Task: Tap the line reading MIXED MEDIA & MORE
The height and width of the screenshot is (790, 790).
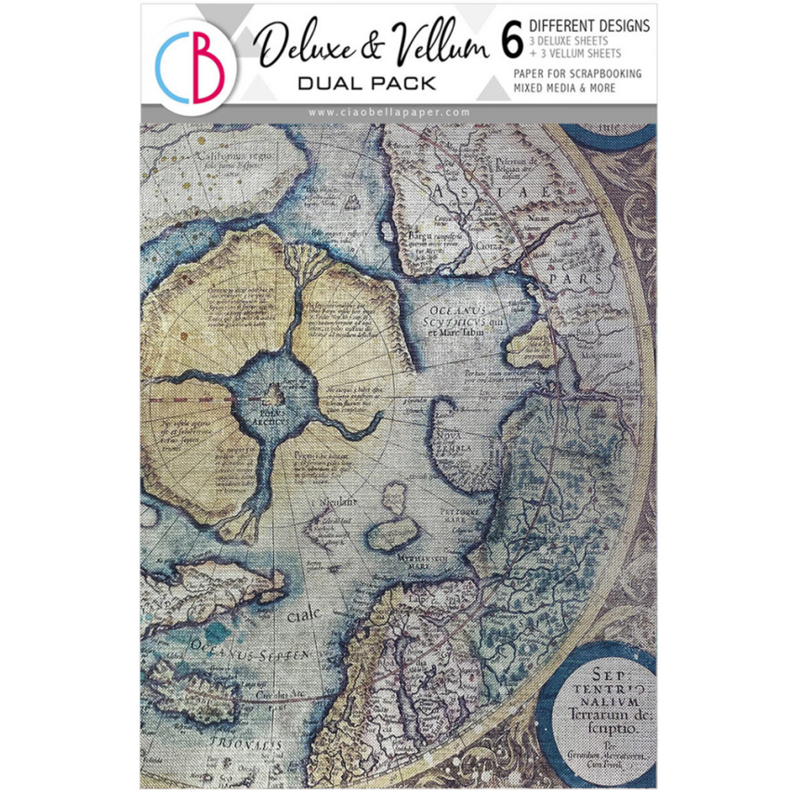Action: [x=582, y=88]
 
